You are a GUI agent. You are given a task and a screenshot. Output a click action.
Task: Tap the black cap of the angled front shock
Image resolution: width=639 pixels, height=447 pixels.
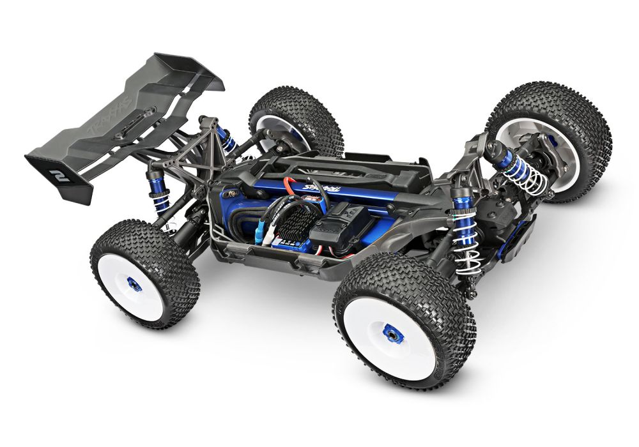[493, 151]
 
